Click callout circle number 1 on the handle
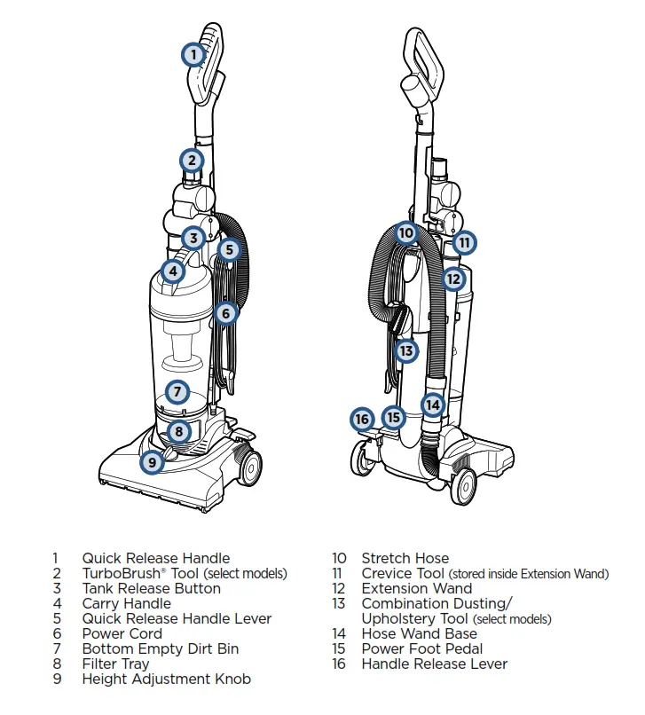click(x=193, y=55)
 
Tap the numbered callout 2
click(x=192, y=161)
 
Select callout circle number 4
click(x=173, y=271)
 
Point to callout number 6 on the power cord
click(x=225, y=313)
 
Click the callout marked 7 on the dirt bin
click(x=177, y=391)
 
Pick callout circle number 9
click(x=153, y=461)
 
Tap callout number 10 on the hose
click(x=405, y=233)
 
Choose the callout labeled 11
click(x=464, y=241)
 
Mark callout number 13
click(x=405, y=350)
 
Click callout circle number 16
click(x=361, y=418)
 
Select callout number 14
click(x=432, y=405)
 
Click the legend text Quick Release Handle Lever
click(x=177, y=618)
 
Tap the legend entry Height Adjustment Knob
click(x=166, y=679)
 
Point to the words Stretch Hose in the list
click(x=405, y=558)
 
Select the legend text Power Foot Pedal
click(x=421, y=648)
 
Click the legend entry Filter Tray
click(x=115, y=664)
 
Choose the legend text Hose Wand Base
click(x=419, y=633)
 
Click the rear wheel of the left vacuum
click(x=248, y=464)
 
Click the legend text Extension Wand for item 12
click(x=416, y=588)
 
